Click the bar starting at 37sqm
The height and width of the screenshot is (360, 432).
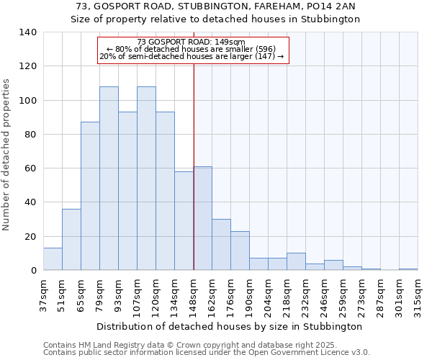coord(53,259)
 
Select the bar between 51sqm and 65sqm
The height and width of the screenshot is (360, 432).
coord(71,240)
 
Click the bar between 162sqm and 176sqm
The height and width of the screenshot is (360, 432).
coord(221,245)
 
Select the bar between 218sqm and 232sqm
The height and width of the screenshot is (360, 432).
coord(296,262)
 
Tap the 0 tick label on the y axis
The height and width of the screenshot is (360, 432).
coord(34,271)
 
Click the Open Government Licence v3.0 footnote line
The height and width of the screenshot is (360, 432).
coord(206,352)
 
